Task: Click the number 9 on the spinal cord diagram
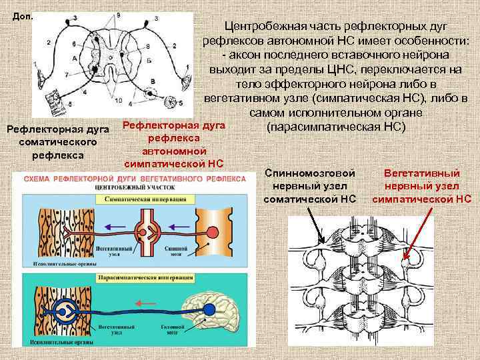(119, 14)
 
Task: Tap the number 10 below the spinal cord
(119, 101)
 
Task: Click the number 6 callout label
(74, 44)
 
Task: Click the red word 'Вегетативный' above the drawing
(421, 173)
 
